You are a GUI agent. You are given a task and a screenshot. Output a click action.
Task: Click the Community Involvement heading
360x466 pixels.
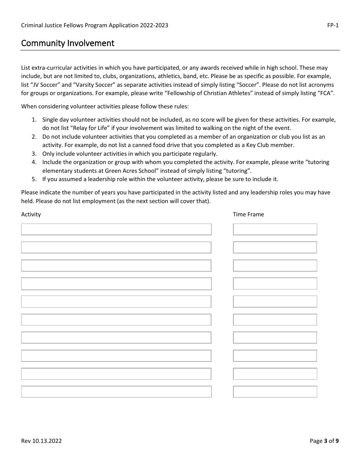pyautogui.click(x=67, y=43)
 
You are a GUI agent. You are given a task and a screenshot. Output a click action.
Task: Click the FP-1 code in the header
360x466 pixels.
pyautogui.click(x=333, y=25)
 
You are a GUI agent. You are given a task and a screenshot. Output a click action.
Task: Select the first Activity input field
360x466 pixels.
pyautogui.click(x=116, y=229)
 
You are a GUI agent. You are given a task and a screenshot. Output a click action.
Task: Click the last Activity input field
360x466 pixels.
pyautogui.click(x=116, y=391)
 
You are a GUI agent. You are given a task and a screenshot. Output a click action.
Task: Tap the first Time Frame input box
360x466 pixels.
pyautogui.click(x=275, y=229)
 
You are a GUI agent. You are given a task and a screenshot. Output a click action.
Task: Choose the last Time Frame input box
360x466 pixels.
pyautogui.click(x=275, y=391)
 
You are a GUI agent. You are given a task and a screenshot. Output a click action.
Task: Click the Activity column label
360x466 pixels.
pyautogui.click(x=31, y=214)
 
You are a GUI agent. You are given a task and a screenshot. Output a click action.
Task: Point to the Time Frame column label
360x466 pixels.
pyautogui.click(x=248, y=214)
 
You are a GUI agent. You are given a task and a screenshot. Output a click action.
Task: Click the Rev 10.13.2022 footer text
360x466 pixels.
pyautogui.click(x=41, y=441)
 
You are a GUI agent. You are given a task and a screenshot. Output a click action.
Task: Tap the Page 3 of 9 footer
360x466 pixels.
pyautogui.click(x=324, y=441)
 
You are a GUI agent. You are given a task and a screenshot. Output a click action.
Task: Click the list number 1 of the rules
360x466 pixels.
pyautogui.click(x=34, y=120)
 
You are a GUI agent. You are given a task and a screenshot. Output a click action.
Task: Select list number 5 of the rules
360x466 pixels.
pyautogui.click(x=34, y=179)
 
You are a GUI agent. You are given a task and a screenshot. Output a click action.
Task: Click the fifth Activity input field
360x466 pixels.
pyautogui.click(x=116, y=302)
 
